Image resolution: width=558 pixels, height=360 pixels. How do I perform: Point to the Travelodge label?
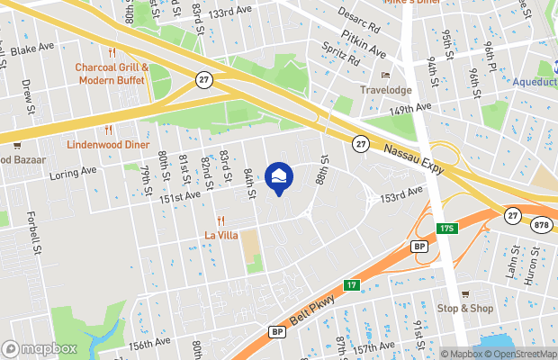point(385,90)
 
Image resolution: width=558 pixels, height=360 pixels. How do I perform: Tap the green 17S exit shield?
point(448,229)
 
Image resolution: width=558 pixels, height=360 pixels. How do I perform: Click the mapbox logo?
point(40,348)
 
